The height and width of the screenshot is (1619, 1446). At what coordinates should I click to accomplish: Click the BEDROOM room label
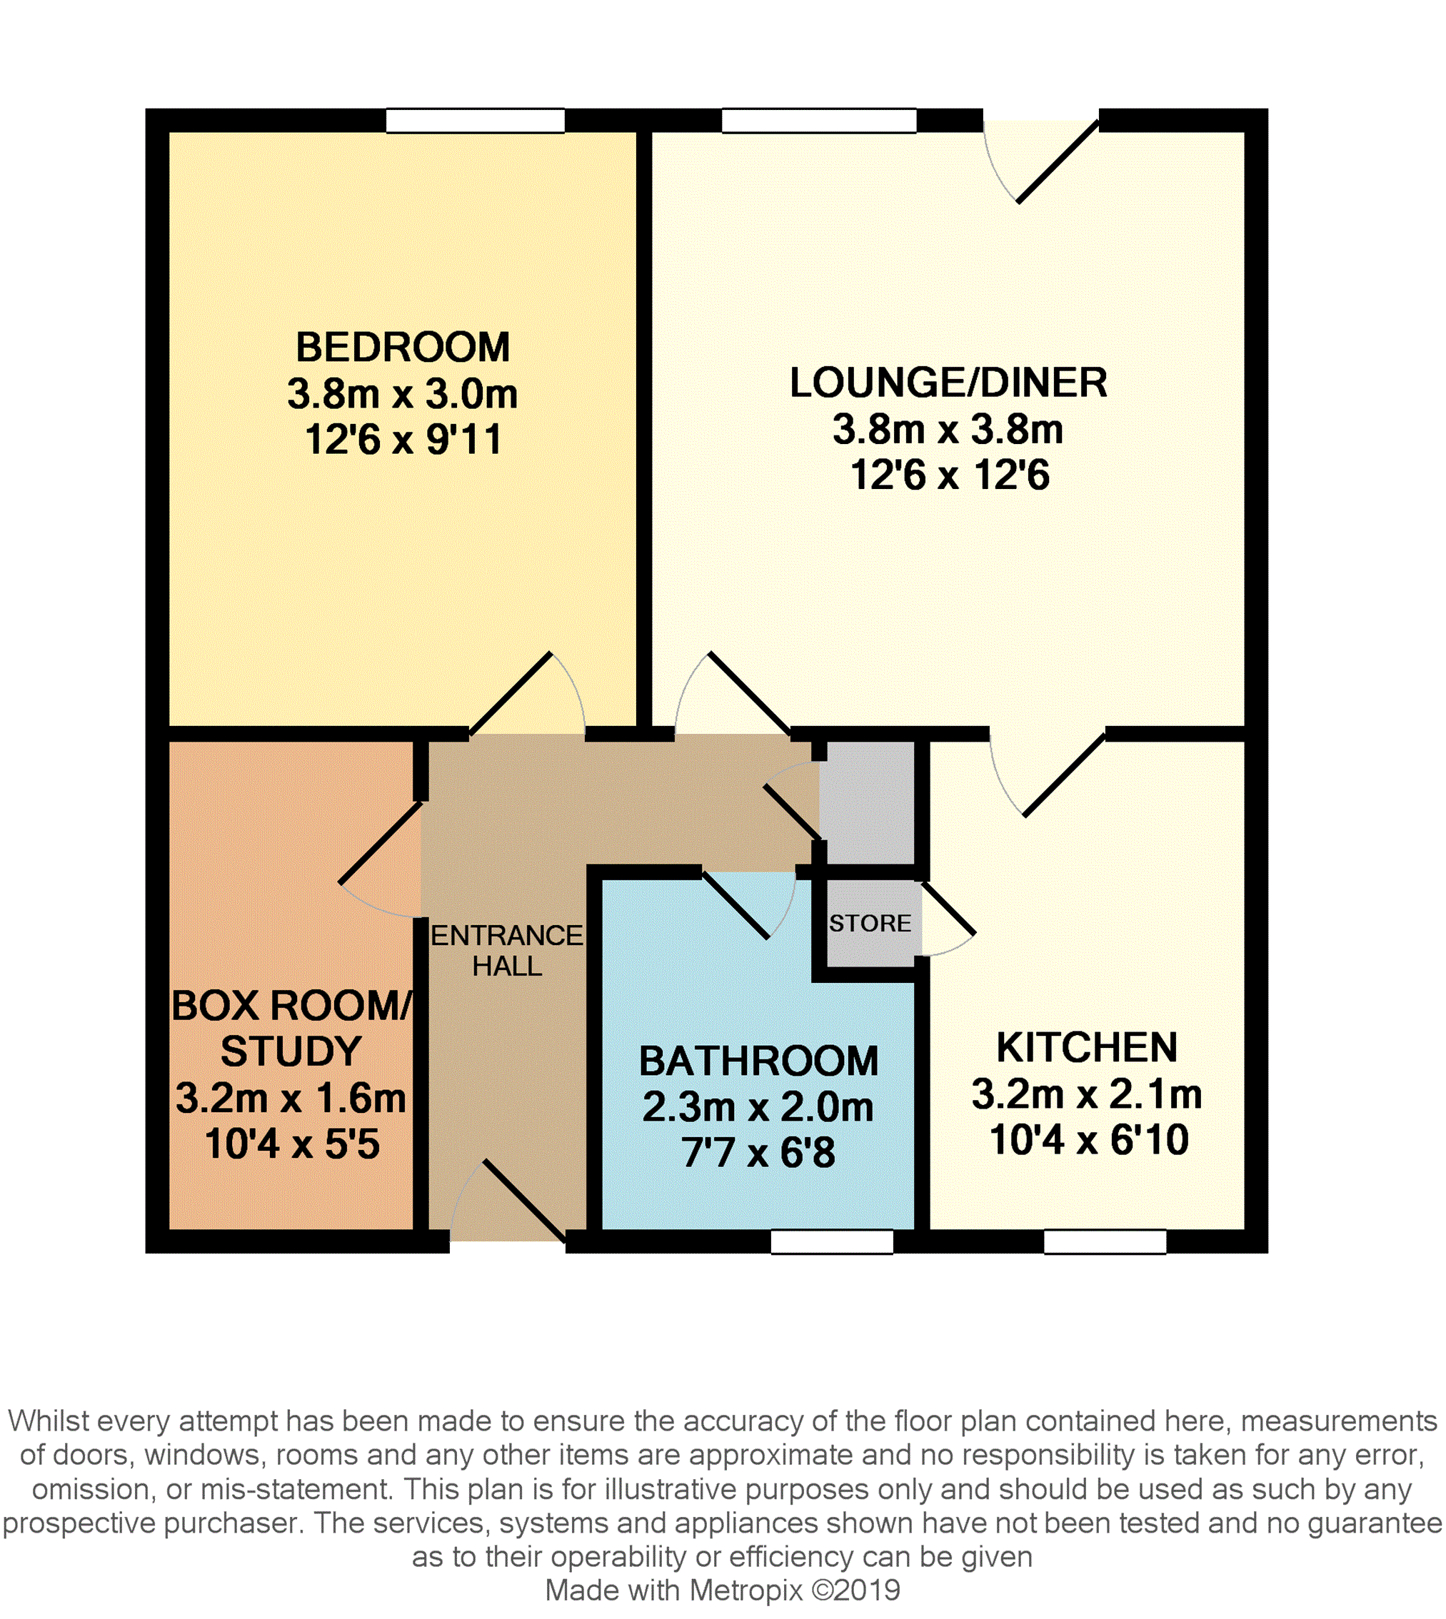403,347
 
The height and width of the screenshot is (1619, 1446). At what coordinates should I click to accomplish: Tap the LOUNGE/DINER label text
948,383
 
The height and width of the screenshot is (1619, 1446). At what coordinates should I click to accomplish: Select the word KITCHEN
1087,1047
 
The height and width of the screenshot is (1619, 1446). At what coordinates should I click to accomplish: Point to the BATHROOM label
759,1061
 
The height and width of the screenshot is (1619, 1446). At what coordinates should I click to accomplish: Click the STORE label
870,923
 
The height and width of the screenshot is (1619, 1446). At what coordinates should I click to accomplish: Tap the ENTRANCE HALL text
507,951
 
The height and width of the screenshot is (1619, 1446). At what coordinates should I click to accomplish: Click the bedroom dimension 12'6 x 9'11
403,439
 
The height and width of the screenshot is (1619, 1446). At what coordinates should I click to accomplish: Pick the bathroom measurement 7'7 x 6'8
759,1153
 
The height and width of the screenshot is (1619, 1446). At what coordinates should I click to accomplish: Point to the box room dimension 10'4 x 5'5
291,1145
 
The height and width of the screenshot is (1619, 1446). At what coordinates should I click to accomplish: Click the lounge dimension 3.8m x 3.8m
948,430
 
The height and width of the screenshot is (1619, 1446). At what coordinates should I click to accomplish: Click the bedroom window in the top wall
475,121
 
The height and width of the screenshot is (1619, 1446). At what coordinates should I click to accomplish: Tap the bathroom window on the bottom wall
832,1241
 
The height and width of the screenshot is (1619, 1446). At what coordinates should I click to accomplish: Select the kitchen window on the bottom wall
1105,1241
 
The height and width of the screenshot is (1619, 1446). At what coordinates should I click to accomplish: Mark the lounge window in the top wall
819,121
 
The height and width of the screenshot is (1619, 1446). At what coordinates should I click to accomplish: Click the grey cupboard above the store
867,802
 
